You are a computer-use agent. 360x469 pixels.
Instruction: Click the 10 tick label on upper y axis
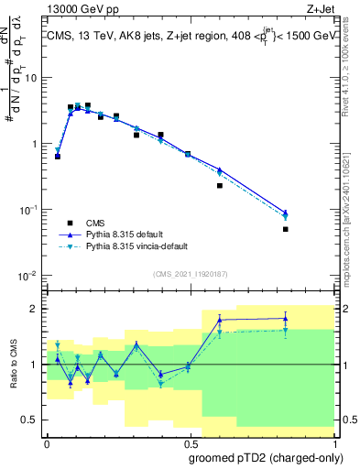pyautogui.click(x=32, y=77)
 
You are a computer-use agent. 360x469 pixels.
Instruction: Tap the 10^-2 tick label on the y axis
pyautogui.click(x=29, y=276)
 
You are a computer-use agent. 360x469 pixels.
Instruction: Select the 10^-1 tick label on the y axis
pyautogui.click(x=29, y=210)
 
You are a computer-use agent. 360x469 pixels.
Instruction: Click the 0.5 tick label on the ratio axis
pyautogui.click(x=30, y=420)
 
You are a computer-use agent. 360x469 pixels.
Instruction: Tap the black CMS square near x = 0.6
pyautogui.click(x=220, y=185)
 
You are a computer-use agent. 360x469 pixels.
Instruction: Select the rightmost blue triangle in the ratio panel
pyautogui.click(x=286, y=319)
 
